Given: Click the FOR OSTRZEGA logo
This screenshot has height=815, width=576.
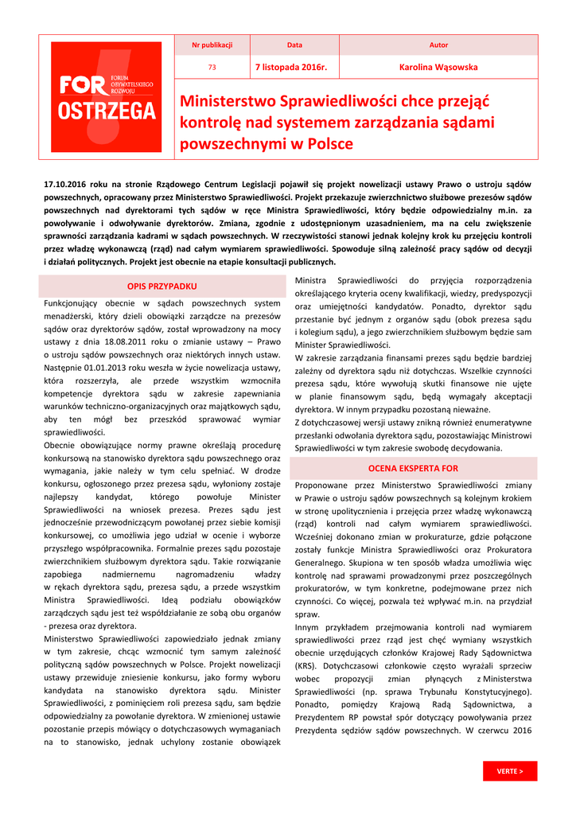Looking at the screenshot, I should point(107,97).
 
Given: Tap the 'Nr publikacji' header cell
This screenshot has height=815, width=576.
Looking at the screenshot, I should point(212,45).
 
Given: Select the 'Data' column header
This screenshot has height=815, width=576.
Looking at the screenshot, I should point(294,45).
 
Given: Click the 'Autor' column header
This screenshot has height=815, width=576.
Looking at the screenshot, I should point(438,45).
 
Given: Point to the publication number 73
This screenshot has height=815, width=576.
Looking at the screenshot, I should point(212,68).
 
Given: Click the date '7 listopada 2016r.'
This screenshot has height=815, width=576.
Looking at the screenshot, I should point(290,68).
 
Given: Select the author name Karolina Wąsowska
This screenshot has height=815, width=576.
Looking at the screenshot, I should point(438,68).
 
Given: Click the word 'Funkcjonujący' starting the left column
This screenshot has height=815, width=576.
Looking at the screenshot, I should point(72,302).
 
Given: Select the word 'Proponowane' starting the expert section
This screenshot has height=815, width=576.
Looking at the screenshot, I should point(323,485).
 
